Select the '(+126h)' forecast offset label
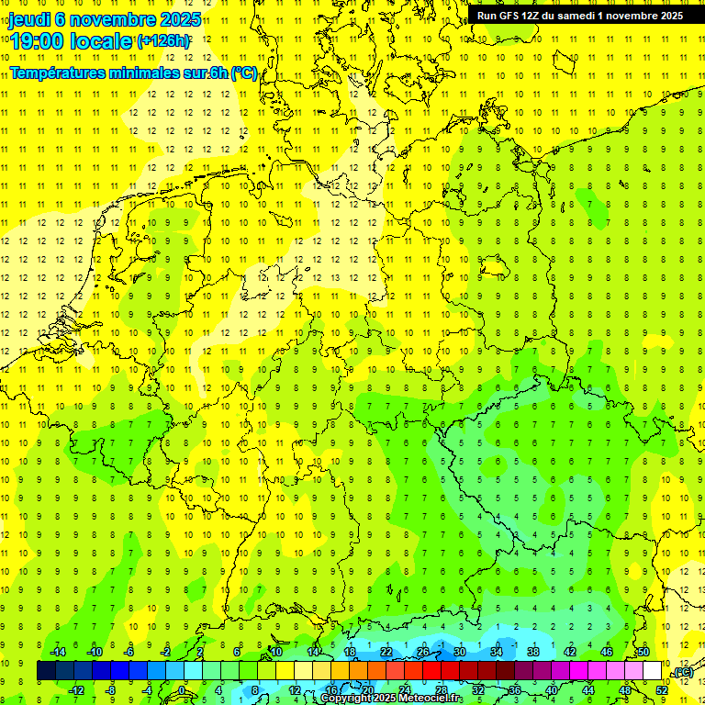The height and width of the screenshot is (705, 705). (x=163, y=41)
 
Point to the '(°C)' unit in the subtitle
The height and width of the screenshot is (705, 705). (x=243, y=73)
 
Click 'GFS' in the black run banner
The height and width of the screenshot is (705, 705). (x=512, y=16)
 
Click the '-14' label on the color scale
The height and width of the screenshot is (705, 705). (x=58, y=652)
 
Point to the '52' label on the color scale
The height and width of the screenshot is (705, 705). (x=662, y=690)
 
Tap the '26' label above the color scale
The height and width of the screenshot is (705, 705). (x=423, y=652)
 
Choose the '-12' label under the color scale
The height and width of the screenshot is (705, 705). (x=76, y=690)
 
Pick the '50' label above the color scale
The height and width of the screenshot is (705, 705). (x=643, y=652)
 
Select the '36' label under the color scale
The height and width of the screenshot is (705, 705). (x=515, y=690)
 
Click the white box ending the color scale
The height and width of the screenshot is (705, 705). (x=653, y=671)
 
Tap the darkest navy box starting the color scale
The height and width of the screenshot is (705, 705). (x=46, y=671)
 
